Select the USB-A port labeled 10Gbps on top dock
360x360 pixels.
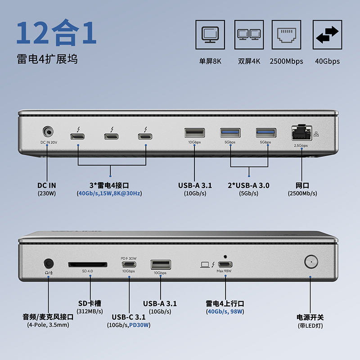[x=194, y=133]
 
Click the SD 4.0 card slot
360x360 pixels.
[x=88, y=264]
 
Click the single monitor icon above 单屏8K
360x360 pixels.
[x=210, y=35]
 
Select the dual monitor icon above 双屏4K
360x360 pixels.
[x=249, y=35]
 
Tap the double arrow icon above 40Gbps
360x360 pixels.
[x=327, y=35]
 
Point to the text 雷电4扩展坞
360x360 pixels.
[x=47, y=58]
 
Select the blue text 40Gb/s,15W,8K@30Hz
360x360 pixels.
[x=109, y=193]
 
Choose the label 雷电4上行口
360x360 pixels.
[x=225, y=303]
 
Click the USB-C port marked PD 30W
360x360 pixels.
[x=128, y=265]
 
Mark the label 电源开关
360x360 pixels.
[x=310, y=317]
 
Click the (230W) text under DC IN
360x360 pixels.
[x=47, y=193]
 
